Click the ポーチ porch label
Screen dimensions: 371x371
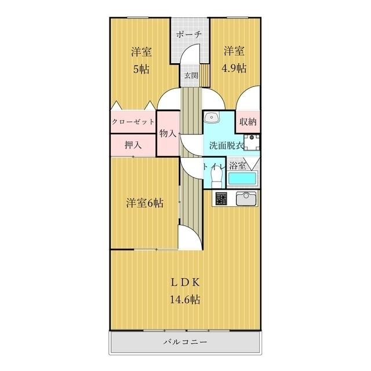190,34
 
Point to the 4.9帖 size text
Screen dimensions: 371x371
234,68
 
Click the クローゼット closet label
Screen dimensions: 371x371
133,122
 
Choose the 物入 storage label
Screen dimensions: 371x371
168,133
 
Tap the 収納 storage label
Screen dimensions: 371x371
249,122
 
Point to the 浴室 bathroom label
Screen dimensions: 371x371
238,165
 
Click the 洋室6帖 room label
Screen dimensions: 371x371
144,203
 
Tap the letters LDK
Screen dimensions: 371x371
185,283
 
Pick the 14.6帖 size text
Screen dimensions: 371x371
185,300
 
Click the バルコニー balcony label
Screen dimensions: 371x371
185,342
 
